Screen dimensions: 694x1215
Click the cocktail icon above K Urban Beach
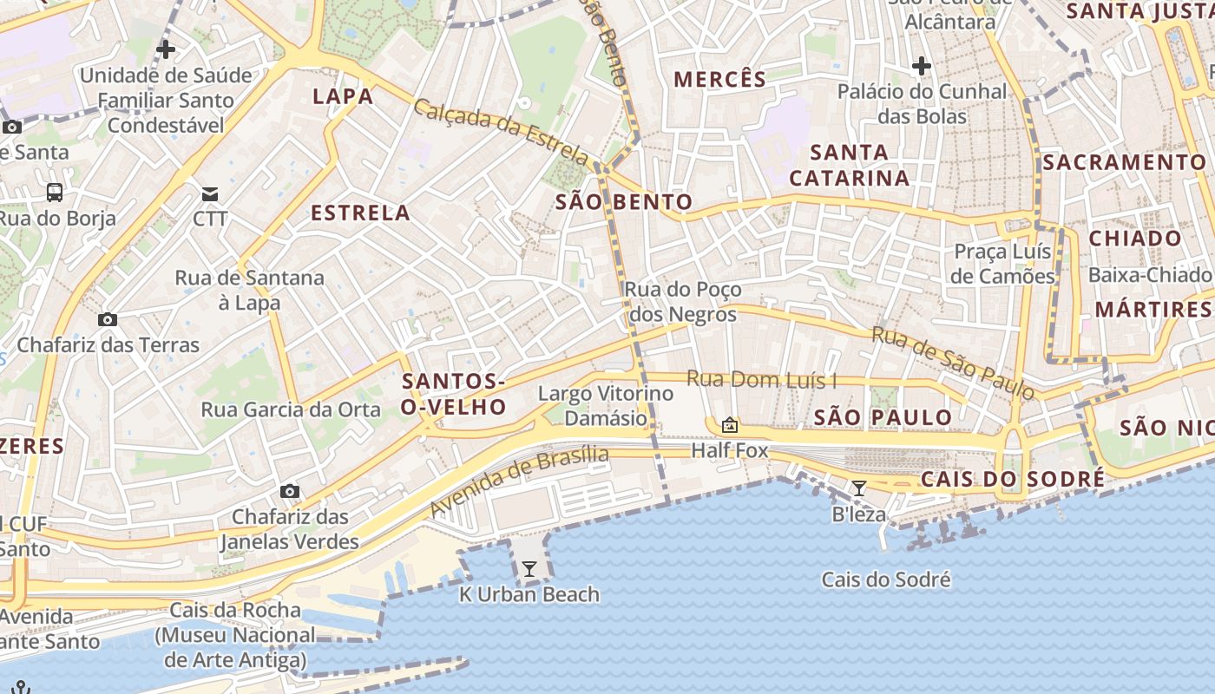(x=529, y=569)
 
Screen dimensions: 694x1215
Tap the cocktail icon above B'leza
(x=859, y=488)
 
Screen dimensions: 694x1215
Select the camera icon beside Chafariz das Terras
(x=108, y=319)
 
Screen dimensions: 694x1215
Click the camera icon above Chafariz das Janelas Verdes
(x=290, y=492)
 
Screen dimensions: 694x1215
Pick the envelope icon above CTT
(x=210, y=193)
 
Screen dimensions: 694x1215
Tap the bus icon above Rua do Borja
(x=55, y=192)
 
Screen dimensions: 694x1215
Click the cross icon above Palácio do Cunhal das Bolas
(x=922, y=65)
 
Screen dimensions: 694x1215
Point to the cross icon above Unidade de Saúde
(x=165, y=49)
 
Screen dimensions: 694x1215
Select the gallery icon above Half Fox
(x=729, y=425)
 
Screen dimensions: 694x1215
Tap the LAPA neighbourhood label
(x=343, y=95)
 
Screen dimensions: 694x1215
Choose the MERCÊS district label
(x=720, y=80)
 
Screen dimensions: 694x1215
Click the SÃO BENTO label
(x=624, y=203)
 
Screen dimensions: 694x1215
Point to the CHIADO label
(x=1135, y=239)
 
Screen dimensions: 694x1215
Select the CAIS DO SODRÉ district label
(x=1013, y=479)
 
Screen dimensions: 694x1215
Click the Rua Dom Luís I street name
(x=762, y=379)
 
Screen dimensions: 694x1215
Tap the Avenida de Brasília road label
(x=519, y=482)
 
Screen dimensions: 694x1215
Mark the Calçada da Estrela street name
(x=502, y=133)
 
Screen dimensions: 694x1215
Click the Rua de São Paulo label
(x=953, y=363)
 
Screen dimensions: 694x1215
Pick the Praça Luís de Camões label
(x=1003, y=264)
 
